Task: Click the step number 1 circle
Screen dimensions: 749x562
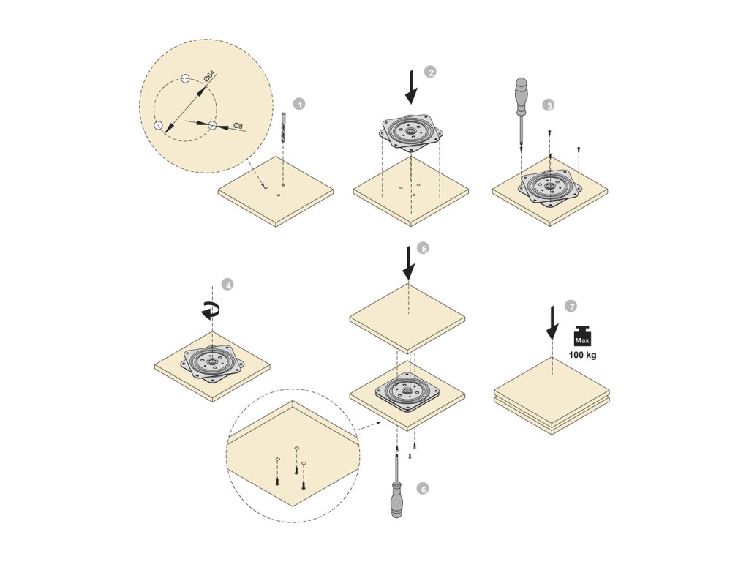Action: (x=298, y=104)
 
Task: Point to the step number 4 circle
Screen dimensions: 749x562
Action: (x=228, y=285)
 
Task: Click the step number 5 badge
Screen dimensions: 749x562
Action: (x=423, y=248)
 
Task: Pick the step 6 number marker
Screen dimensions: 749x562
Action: (x=421, y=487)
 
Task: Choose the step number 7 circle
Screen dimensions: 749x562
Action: (x=571, y=305)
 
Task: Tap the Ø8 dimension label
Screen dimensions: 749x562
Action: (x=237, y=127)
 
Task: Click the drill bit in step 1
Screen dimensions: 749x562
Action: (x=282, y=128)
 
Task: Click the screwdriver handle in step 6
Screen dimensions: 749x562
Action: (x=396, y=498)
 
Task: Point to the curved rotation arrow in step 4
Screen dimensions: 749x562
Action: (x=211, y=310)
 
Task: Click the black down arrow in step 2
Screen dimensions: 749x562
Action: (x=412, y=86)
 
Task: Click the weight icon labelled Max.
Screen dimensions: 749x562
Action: (x=584, y=337)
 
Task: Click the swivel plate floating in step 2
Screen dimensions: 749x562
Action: (x=411, y=132)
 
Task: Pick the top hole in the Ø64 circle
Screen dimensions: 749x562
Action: (x=186, y=78)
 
